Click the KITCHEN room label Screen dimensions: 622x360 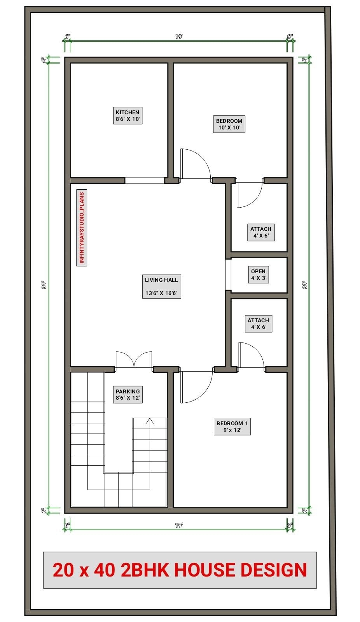[128, 116]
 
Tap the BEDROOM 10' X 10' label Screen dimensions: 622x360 [229, 124]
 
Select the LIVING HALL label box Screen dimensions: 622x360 [161, 287]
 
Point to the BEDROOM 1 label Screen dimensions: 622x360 [232, 426]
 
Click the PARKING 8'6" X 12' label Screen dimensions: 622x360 [128, 395]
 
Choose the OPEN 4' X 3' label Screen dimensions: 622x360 [259, 275]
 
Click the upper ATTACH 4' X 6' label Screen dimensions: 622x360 [261, 232]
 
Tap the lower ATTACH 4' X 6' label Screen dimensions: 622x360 [259, 323]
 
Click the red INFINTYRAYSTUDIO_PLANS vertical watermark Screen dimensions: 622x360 [82, 228]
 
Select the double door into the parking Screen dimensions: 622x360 [134, 360]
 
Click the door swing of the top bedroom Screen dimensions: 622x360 [194, 164]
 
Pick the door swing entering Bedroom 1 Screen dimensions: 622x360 [196, 387]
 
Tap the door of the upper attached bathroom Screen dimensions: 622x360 [249, 194]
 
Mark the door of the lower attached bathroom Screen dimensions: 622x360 [250, 355]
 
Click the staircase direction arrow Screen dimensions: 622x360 [151, 421]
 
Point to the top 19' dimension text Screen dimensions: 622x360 [179, 37]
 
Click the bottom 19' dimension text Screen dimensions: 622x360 [179, 525]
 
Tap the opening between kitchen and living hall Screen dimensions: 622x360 [144, 180]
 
